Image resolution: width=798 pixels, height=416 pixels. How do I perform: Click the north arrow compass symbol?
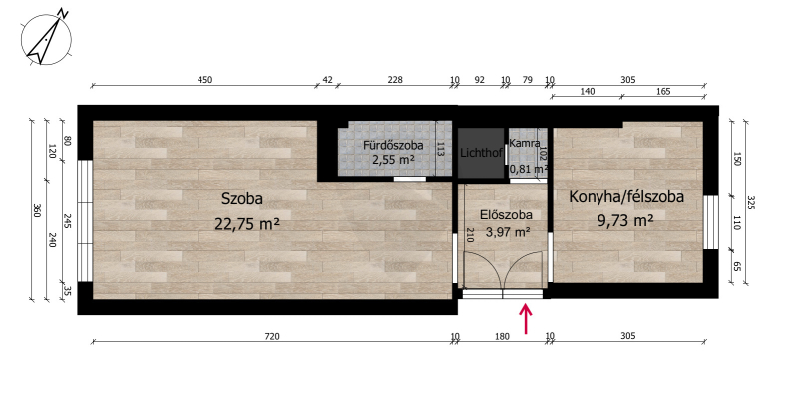tap(46, 38)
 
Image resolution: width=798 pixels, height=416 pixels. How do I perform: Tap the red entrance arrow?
tap(526, 319)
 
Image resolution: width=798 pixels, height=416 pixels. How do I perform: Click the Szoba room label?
tap(241, 199)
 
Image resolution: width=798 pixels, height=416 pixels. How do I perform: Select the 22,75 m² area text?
tap(247, 223)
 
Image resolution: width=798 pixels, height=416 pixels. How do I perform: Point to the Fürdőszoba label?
tap(393, 145)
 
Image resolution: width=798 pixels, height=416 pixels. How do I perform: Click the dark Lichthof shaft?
tap(481, 153)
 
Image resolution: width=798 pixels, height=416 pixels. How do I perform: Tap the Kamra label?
tap(525, 143)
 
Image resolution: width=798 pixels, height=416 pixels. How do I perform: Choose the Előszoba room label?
tap(506, 215)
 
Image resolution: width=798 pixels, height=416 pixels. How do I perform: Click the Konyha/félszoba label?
tap(626, 197)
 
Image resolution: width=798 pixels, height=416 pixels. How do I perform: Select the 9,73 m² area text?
tap(625, 221)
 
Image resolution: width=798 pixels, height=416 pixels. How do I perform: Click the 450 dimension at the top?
tap(204, 80)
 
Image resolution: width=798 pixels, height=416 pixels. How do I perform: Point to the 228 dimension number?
tap(395, 80)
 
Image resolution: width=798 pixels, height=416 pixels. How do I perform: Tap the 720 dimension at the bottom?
tap(272, 336)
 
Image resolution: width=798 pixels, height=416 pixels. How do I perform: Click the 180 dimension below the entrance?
tap(502, 336)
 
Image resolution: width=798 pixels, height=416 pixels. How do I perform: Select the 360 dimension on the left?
tap(36, 210)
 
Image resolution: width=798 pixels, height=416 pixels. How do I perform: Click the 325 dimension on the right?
tap(752, 203)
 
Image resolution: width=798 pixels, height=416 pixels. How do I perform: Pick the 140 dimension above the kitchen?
tap(587, 92)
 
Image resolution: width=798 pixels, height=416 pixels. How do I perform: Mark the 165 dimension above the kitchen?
tap(663, 92)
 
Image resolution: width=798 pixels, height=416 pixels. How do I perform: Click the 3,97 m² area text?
tap(508, 232)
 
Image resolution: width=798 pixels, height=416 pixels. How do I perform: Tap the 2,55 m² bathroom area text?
tap(393, 160)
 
